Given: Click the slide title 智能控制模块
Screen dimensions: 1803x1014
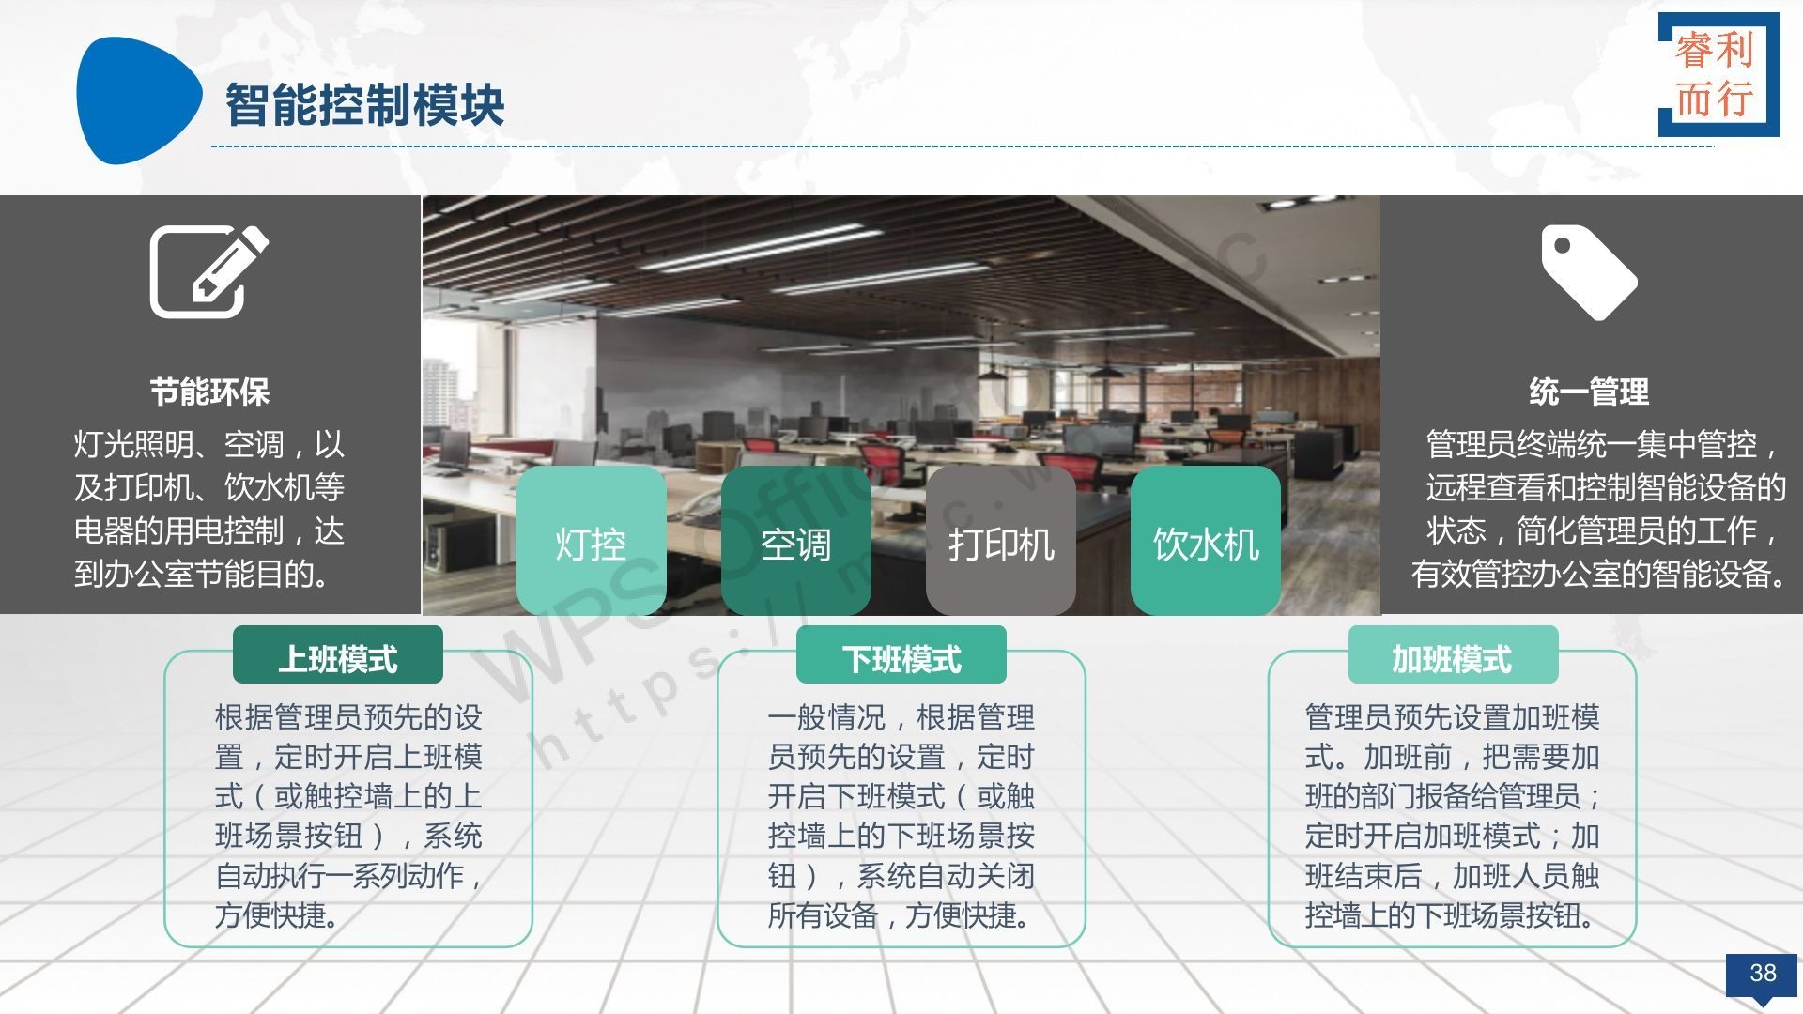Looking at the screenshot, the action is pyautogui.click(x=364, y=104).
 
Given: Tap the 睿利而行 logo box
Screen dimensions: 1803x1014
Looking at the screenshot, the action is pyautogui.click(x=1718, y=74).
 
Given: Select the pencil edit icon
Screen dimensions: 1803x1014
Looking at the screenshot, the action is pyautogui.click(x=209, y=271).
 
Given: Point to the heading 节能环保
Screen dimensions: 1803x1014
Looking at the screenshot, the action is pyautogui.click(x=209, y=392).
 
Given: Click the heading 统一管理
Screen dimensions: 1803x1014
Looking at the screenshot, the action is pyautogui.click(x=1589, y=392).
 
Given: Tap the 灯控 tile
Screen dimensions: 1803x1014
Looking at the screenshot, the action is pyautogui.click(x=591, y=541).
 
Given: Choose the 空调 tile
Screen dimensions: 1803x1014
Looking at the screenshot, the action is pyautogui.click(x=795, y=541).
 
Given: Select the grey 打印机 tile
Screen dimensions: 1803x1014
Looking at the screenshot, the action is pyautogui.click(x=1001, y=541).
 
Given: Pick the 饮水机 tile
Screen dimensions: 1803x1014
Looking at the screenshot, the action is pyautogui.click(x=1206, y=541).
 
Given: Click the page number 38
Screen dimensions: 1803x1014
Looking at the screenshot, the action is pyautogui.click(x=1763, y=974).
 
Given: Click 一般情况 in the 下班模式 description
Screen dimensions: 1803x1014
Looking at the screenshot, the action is pyautogui.click(x=826, y=718).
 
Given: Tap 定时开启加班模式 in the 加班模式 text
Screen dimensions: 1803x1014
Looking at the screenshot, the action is pyautogui.click(x=1423, y=836).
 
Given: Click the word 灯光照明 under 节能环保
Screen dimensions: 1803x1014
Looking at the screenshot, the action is pyautogui.click(x=133, y=444).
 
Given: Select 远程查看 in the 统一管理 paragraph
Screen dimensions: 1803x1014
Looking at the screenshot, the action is pyautogui.click(x=1485, y=487).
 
